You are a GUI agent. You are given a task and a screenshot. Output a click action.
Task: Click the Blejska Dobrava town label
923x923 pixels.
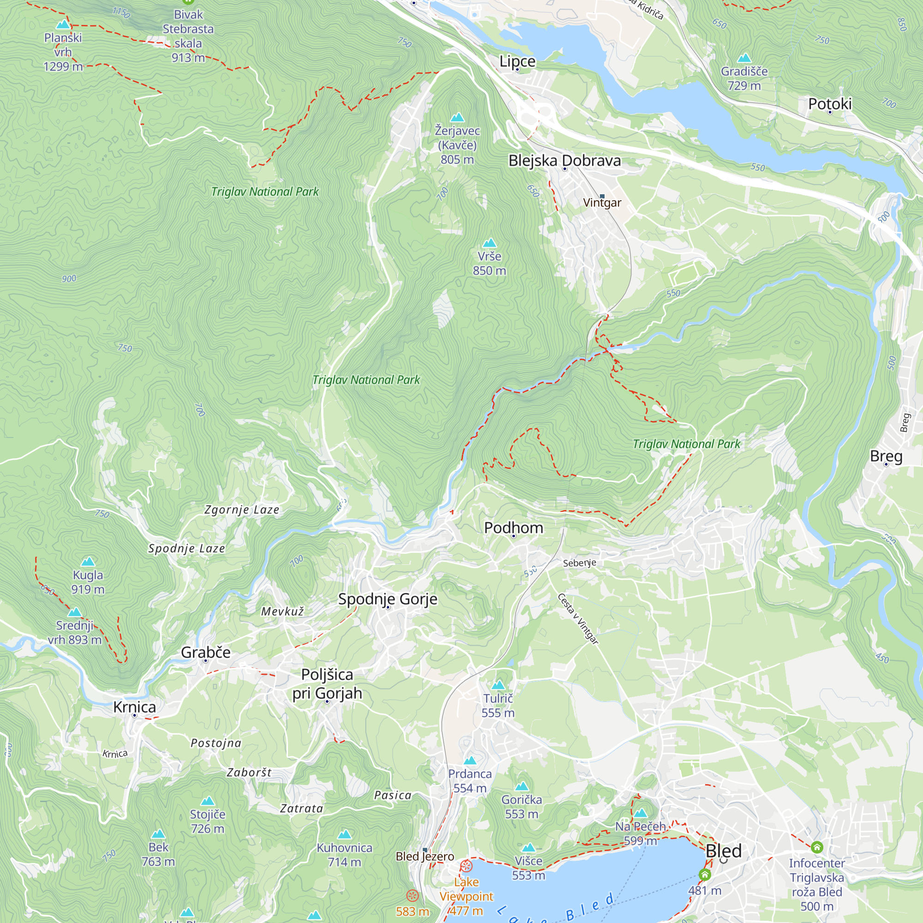tap(564, 161)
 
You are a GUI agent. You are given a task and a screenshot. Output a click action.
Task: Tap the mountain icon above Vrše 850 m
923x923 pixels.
tap(489, 243)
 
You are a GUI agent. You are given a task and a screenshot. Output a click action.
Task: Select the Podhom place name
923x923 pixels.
tap(514, 528)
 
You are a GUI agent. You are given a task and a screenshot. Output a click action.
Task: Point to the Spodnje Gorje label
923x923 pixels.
tap(388, 599)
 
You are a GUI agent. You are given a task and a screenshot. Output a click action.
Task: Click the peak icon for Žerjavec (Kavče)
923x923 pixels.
tap(457, 118)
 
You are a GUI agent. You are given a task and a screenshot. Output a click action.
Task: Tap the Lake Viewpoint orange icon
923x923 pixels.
tap(466, 866)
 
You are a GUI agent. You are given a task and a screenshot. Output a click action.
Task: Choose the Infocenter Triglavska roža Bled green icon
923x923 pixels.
tap(816, 847)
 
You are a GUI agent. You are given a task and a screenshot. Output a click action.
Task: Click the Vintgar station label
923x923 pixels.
tap(602, 203)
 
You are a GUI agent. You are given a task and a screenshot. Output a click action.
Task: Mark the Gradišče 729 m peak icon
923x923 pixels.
tap(744, 58)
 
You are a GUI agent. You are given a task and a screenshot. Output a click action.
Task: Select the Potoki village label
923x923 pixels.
tap(829, 104)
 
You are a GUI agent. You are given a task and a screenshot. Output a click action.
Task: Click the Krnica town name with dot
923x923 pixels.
tap(134, 707)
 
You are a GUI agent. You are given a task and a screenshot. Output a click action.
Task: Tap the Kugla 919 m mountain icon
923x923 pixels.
tap(87, 561)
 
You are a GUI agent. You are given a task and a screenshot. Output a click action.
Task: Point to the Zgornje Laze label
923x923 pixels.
tap(242, 510)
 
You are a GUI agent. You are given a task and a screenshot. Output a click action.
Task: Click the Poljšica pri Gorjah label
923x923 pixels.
tap(327, 683)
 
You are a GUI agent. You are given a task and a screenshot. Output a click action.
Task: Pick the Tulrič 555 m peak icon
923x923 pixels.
tap(498, 685)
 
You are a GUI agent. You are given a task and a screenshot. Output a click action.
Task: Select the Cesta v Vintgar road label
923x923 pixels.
tap(578, 619)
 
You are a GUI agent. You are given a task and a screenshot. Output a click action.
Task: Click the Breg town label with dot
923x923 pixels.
tap(886, 456)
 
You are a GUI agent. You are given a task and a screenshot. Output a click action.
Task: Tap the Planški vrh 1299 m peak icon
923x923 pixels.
tap(63, 24)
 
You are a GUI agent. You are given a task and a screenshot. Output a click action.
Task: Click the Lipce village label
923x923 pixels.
tap(517, 62)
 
